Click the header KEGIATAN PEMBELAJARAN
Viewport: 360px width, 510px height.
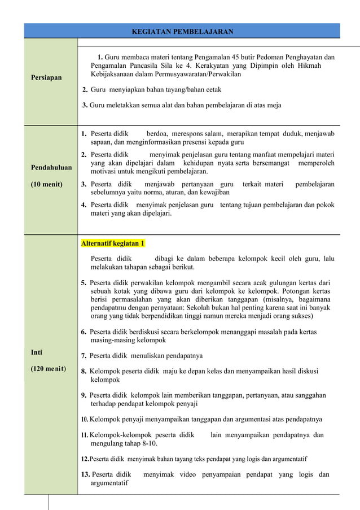tap(182, 31)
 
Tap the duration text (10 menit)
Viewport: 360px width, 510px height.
tap(47, 184)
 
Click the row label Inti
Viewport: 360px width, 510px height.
tap(37, 352)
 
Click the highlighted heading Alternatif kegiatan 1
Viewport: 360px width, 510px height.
tap(113, 243)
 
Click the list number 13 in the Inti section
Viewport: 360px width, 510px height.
tap(86, 474)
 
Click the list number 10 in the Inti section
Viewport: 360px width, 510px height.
tap(85, 420)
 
